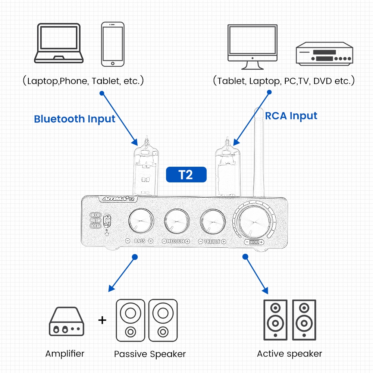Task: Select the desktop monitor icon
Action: (253, 47)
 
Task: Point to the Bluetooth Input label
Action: (75, 119)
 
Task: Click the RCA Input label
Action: (291, 116)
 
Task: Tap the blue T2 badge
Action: (186, 174)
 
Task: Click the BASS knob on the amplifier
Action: (141, 221)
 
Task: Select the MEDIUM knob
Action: (176, 221)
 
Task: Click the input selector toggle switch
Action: (108, 220)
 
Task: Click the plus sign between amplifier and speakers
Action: (102, 320)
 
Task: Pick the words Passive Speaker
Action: (150, 354)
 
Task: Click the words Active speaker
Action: (289, 354)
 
